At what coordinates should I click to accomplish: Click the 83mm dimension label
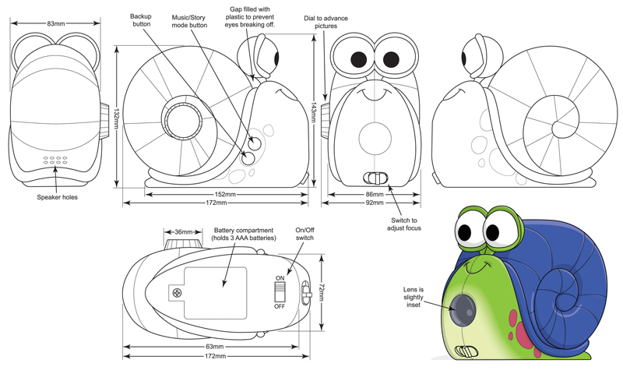coord(55,23)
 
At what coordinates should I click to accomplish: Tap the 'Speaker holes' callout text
coord(57,197)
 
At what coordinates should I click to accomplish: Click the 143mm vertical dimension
coord(313,113)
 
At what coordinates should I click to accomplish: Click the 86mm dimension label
coord(375,193)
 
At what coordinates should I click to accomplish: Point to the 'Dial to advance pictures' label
coord(326,21)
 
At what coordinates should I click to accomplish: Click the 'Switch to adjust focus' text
coord(403,224)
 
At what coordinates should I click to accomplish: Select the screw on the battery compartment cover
coord(178,293)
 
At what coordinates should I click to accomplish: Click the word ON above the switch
coord(280,277)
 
